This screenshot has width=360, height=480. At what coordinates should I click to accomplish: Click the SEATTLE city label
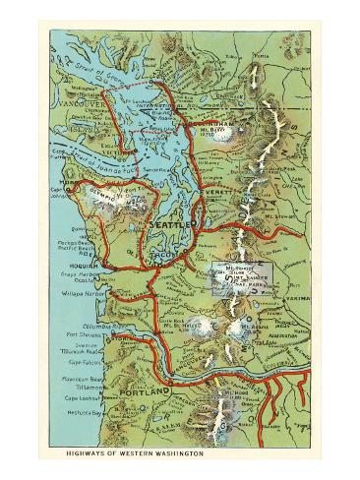[170, 225]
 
